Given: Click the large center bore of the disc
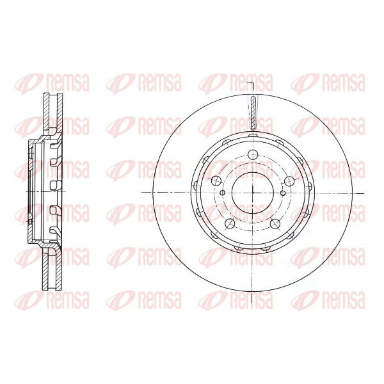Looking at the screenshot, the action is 253,193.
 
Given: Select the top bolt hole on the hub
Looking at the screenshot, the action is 253,154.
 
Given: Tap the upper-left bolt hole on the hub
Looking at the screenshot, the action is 216,180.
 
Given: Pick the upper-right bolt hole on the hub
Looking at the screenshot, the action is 289,180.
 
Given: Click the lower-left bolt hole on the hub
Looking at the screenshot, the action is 230,223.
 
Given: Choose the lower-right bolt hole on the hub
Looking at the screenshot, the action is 275,223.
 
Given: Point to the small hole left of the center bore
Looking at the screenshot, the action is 222,193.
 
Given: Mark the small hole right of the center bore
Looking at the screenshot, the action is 283,193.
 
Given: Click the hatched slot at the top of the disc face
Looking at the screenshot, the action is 253,113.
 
